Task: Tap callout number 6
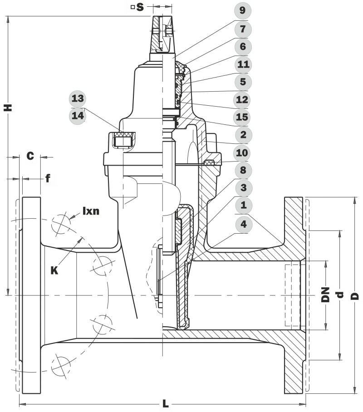[243, 47]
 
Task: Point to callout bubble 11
[243, 64]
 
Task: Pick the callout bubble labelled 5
[243, 82]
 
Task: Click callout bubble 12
[243, 100]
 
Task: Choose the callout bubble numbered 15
[243, 118]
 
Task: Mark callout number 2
[243, 135]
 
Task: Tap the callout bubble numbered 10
[243, 153]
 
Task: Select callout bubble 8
[243, 171]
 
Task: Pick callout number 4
[243, 224]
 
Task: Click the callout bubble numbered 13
[78, 98]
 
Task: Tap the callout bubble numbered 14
[78, 116]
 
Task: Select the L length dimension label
[165, 403]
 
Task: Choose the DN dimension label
[325, 295]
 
